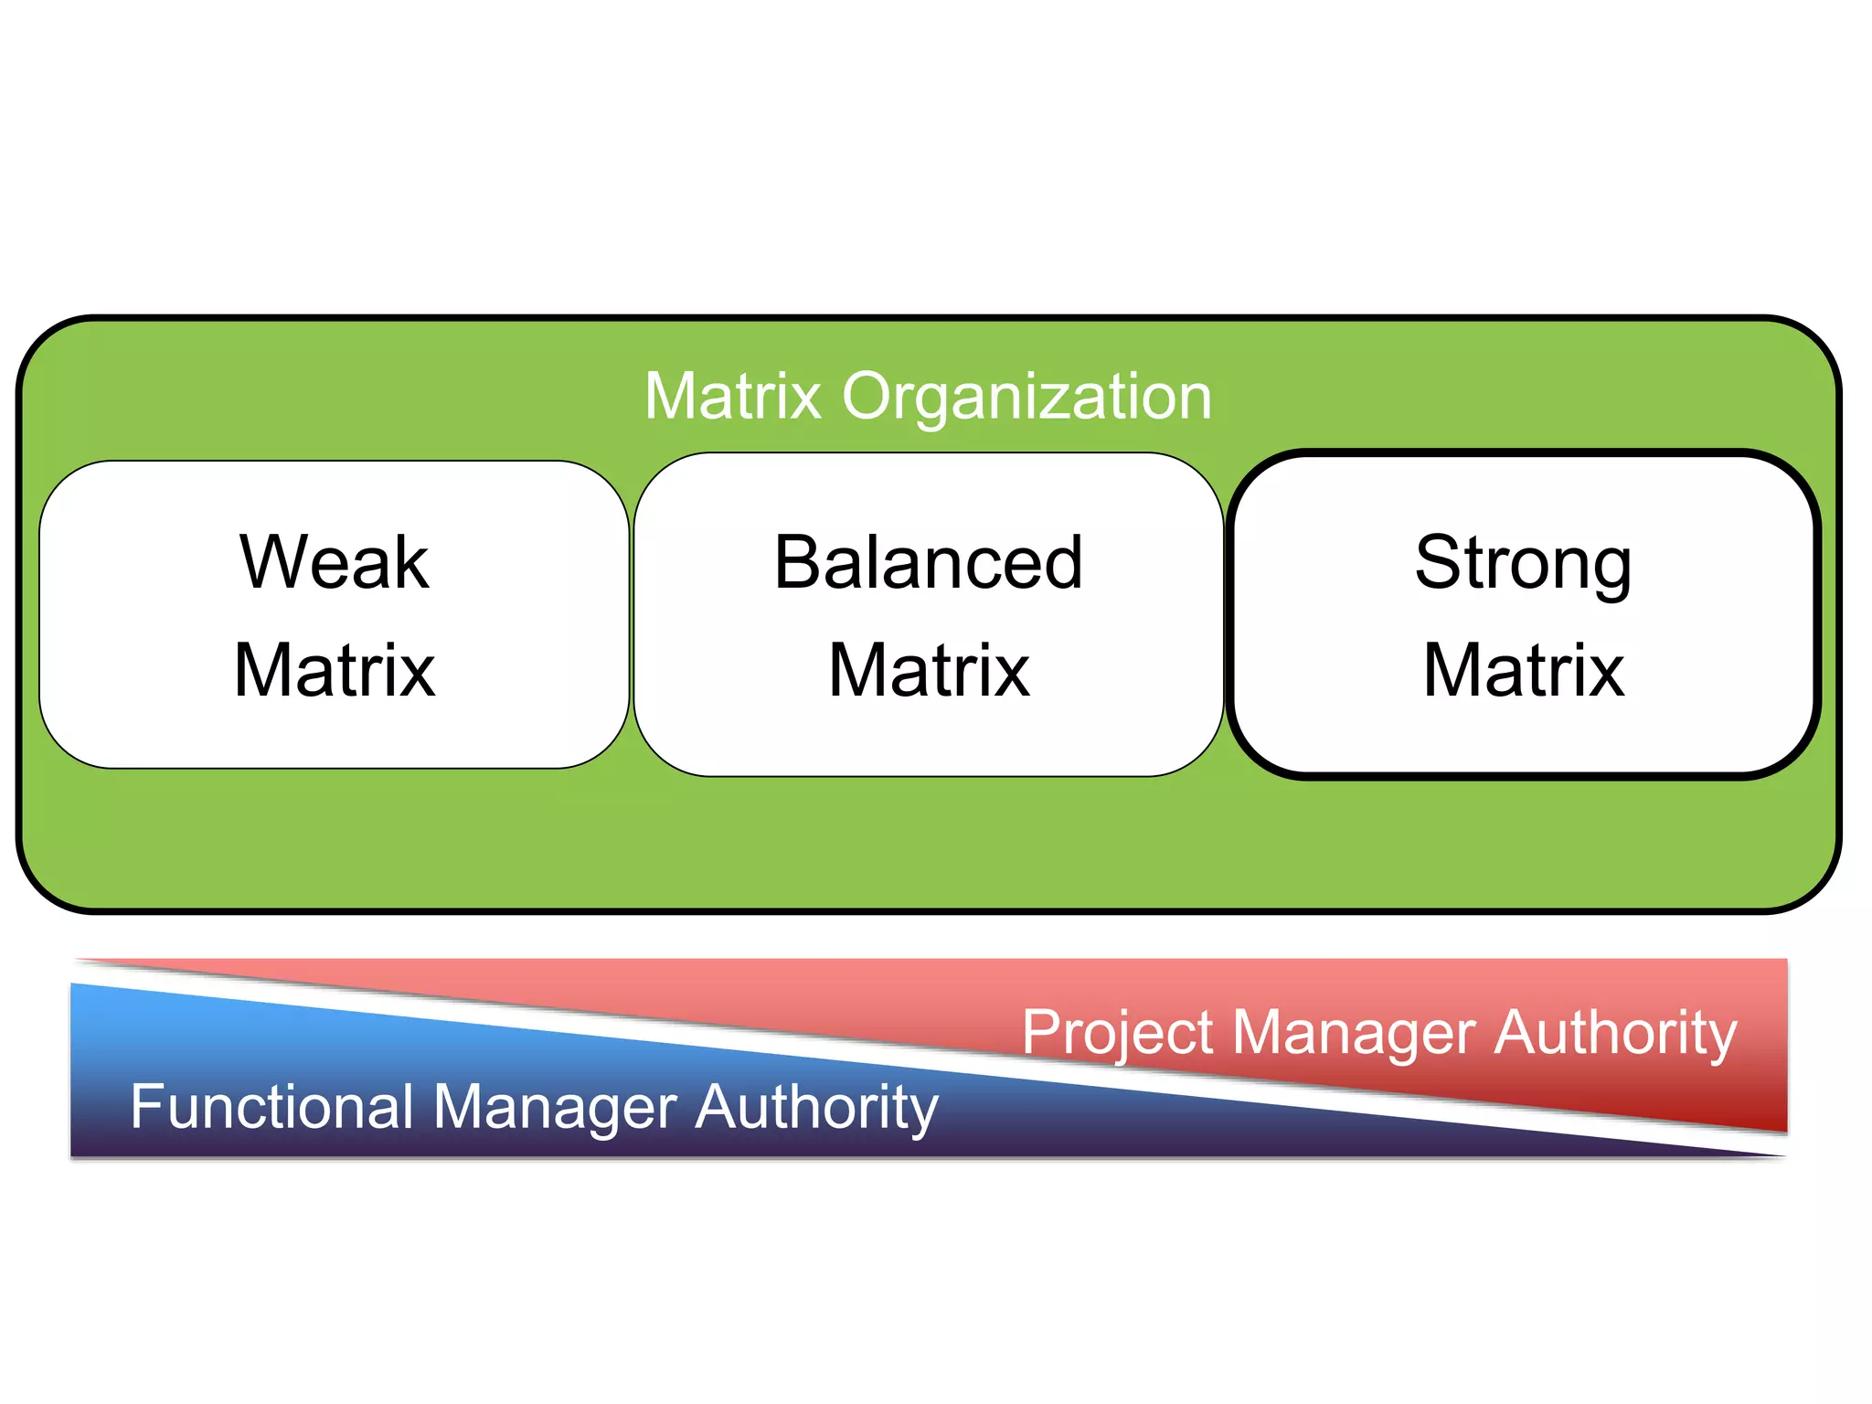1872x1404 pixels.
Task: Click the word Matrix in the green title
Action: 733,397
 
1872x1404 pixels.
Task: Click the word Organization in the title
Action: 1026,399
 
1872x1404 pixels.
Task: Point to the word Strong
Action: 1523,564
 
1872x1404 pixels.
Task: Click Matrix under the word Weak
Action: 335,670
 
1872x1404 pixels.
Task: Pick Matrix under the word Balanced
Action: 929,670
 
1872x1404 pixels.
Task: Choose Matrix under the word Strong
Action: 1524,670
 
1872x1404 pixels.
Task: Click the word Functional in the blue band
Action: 272,1106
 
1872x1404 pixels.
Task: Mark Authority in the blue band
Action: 816,1108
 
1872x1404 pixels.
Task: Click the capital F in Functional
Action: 145,1106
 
